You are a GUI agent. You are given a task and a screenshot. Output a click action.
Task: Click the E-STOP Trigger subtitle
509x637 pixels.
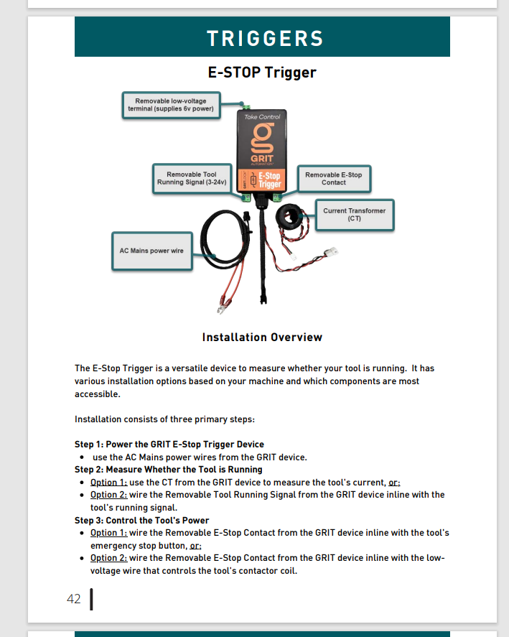pyautogui.click(x=262, y=73)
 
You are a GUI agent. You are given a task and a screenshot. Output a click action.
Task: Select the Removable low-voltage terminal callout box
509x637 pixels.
pyautogui.click(x=170, y=105)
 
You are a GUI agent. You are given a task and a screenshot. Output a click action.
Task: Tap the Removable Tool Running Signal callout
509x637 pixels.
pyautogui.click(x=192, y=178)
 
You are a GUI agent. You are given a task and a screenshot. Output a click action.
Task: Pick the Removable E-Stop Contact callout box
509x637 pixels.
pyautogui.click(x=333, y=178)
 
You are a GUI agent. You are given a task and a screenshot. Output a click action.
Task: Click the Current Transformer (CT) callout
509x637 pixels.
pyautogui.click(x=354, y=215)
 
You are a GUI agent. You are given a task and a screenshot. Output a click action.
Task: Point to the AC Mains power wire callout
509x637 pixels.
pyautogui.click(x=151, y=251)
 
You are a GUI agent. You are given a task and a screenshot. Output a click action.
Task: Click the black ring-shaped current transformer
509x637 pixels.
pyautogui.click(x=294, y=216)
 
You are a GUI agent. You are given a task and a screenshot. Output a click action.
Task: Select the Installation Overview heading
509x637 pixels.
pyautogui.click(x=262, y=338)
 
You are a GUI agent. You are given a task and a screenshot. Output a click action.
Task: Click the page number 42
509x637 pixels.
pyautogui.click(x=73, y=599)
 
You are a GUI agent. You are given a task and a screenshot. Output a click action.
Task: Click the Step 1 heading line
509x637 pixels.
pyautogui.click(x=169, y=444)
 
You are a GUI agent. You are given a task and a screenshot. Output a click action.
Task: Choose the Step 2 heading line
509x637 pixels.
pyautogui.click(x=168, y=469)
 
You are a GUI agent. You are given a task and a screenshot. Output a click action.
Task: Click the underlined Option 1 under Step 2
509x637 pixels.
pyautogui.click(x=108, y=482)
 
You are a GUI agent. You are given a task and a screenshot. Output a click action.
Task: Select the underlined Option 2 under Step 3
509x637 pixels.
pyautogui.click(x=108, y=558)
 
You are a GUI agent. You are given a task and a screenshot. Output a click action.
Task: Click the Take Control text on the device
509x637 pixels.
pyautogui.click(x=262, y=116)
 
